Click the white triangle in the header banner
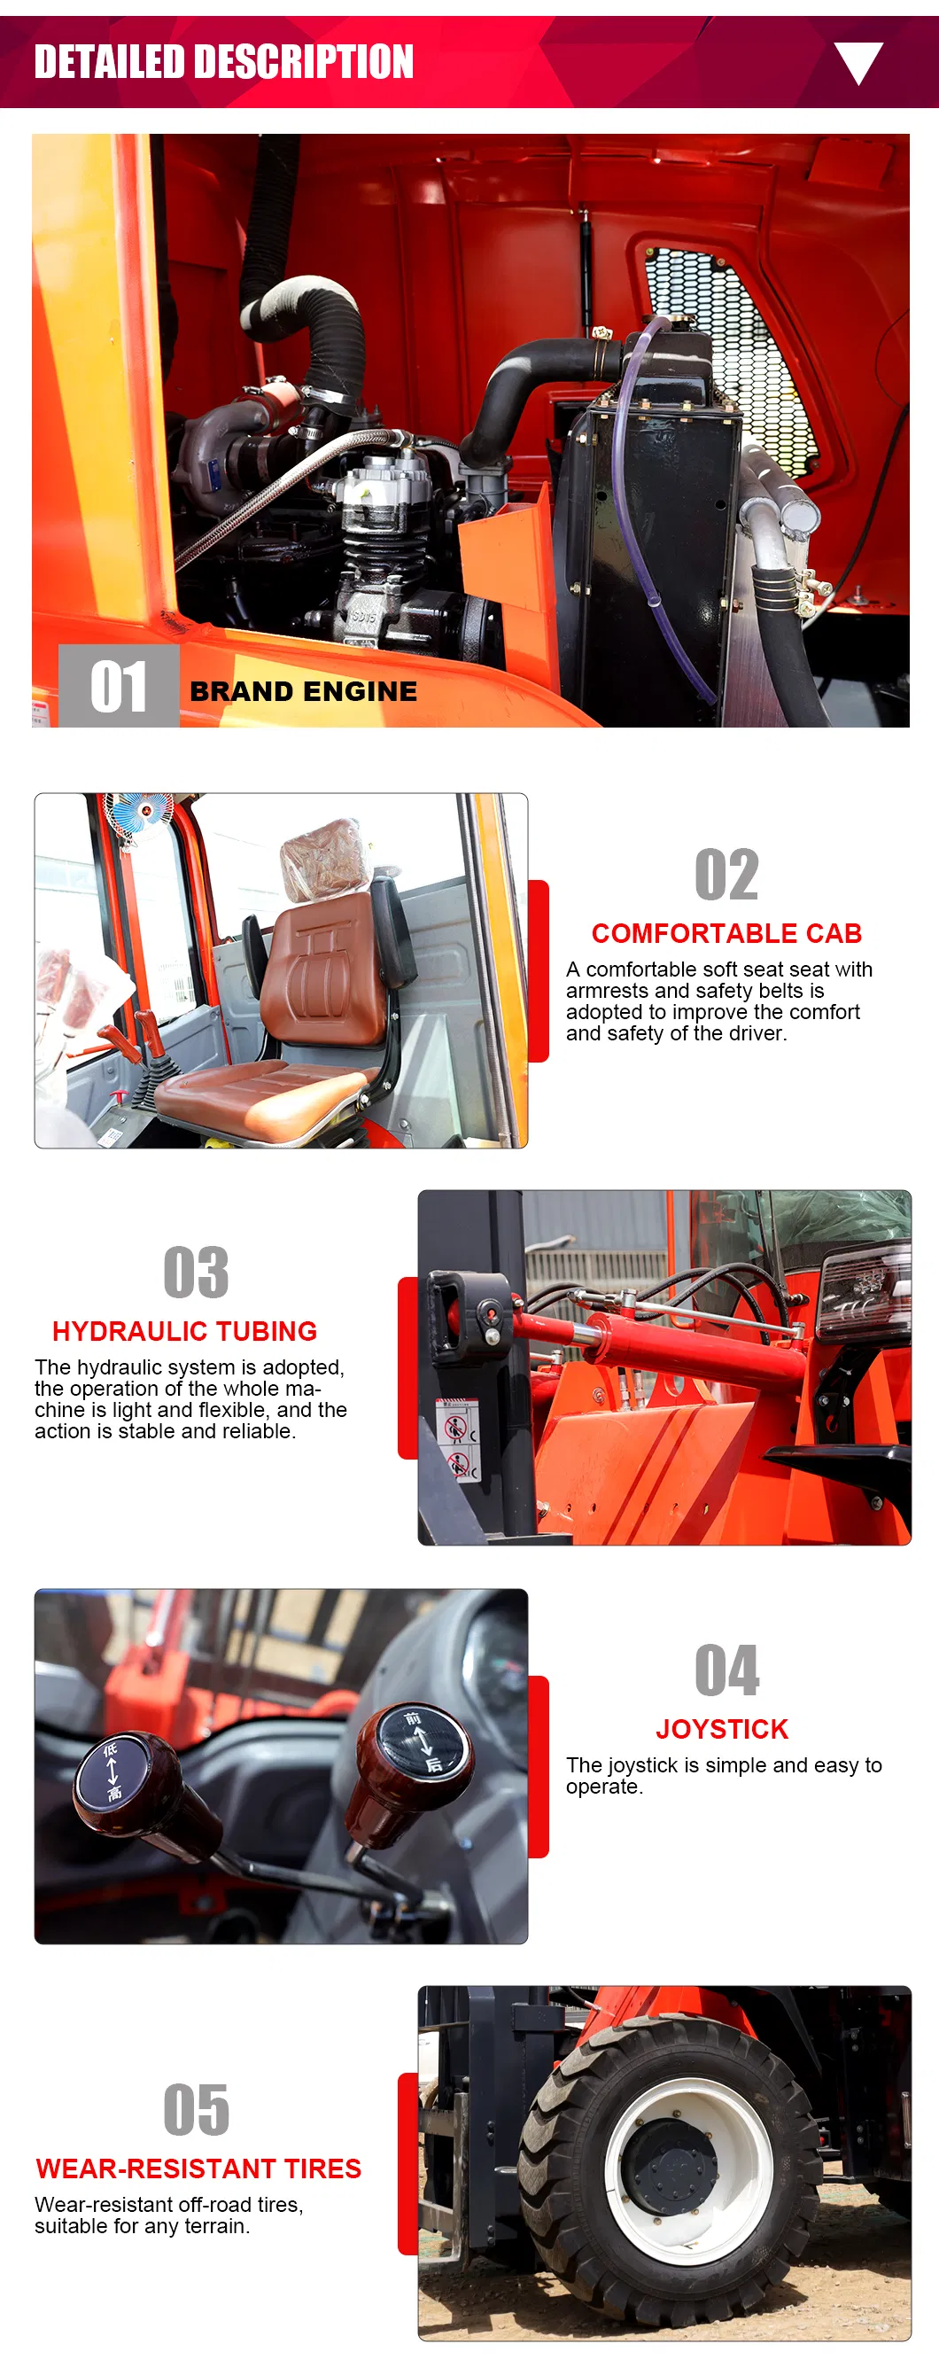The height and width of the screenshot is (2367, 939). coord(858,61)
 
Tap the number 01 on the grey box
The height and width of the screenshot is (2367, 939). coord(119,687)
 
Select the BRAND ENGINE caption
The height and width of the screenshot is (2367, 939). coord(303,691)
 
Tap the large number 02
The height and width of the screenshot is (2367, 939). coord(726,875)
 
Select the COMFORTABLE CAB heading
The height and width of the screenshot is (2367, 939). coord(726,933)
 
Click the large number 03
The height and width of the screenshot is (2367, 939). coord(196,1273)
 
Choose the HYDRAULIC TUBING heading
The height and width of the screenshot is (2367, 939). coord(184,1331)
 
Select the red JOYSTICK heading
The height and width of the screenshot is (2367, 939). coord(722,1729)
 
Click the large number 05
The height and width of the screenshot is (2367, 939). coord(196,2110)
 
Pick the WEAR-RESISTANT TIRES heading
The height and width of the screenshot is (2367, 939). coord(198,2168)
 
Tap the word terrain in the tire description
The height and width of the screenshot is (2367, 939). coord(217,2225)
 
